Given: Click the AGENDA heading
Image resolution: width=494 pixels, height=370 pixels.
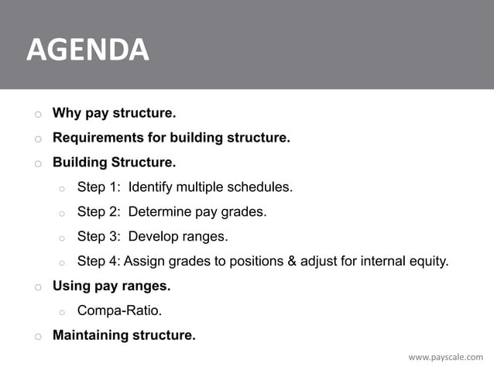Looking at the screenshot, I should (x=87, y=50).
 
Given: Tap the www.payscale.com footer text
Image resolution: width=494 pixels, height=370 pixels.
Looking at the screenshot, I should (x=445, y=357).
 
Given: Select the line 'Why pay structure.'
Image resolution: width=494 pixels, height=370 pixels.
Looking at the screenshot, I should (x=114, y=115).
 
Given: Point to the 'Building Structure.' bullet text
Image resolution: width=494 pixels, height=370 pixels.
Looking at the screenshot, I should (x=114, y=163).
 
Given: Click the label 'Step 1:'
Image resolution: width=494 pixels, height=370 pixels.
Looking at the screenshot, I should (x=98, y=187).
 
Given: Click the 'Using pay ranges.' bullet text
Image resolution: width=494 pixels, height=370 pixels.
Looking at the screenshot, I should (x=111, y=286).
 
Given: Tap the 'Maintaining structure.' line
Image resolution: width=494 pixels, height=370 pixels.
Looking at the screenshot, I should (x=124, y=335).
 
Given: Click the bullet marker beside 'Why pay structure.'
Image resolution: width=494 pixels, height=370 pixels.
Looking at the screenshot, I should (x=36, y=115).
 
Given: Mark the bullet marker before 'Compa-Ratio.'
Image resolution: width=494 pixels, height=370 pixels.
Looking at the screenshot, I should (x=62, y=311).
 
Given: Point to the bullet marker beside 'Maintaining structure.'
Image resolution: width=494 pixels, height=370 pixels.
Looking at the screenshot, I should (x=36, y=336).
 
